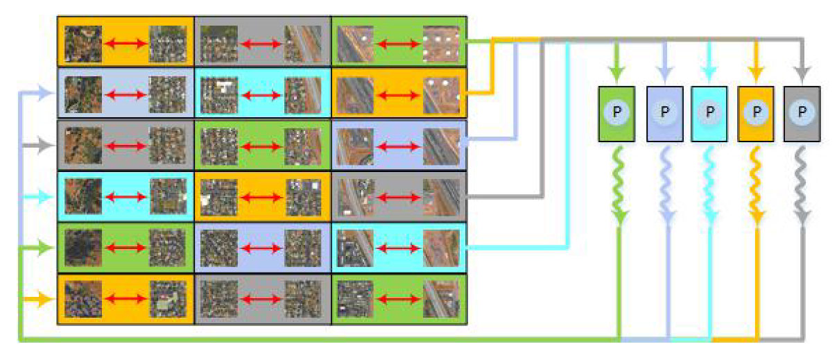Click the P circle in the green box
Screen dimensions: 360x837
coord(616,112)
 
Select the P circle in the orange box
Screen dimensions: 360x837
coord(756,112)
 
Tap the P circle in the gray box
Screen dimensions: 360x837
coord(802,112)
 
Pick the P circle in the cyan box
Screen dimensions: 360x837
coord(709,112)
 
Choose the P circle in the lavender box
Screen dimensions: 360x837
coord(664,112)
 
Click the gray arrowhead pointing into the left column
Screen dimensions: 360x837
coord(45,146)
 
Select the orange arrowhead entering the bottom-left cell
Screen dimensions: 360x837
coord(45,300)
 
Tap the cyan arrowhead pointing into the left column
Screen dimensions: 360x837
coord(45,197)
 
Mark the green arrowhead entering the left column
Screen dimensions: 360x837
coord(45,248)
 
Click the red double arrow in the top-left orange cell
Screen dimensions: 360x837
coord(126,44)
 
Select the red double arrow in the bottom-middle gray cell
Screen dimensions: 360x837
coord(261,300)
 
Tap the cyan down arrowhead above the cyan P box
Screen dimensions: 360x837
coord(709,72)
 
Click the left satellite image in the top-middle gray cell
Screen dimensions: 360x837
coord(218,44)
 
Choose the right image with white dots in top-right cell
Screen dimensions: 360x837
coord(441,44)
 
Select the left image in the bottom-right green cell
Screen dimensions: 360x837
coord(355,300)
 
